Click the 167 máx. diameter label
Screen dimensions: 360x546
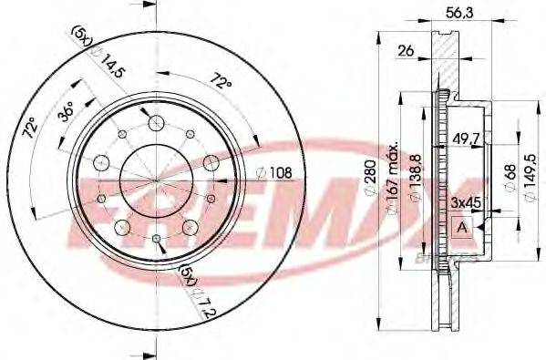coord(392,175)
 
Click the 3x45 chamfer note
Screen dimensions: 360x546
coord(466,201)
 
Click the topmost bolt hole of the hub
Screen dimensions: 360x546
coord(155,123)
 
